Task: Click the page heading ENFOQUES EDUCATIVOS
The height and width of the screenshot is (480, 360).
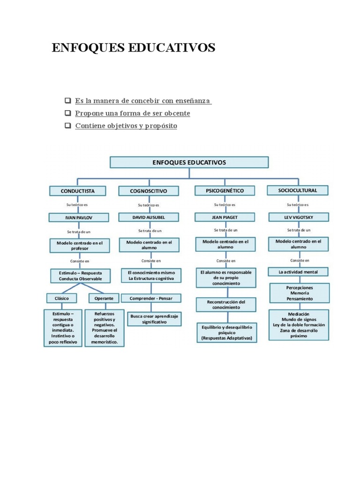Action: coord(134,48)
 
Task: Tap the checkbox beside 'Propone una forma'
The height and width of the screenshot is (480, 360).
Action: coord(68,113)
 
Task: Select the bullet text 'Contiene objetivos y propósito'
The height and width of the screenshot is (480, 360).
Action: coord(126,126)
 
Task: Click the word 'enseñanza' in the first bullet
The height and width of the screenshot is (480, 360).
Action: coord(193,101)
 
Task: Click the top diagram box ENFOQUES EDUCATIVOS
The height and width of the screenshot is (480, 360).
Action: coord(189,163)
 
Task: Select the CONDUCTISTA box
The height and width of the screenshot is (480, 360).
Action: coord(78,191)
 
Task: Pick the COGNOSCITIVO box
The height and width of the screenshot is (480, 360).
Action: coord(149,191)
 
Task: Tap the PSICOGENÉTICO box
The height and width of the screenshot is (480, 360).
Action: coord(225,190)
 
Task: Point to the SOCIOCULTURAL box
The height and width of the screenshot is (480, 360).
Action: coord(298,190)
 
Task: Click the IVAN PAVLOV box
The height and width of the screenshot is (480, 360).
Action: coord(79,217)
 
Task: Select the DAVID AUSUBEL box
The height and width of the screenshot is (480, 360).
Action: coord(149,217)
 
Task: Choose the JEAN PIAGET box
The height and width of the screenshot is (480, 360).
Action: coord(225,217)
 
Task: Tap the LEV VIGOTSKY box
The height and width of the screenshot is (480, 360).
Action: coord(298,217)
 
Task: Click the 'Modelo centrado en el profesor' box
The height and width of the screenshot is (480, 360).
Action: coord(79,246)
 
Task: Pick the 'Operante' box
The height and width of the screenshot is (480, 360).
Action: coord(104,298)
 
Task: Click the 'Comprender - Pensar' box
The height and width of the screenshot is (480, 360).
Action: coord(151,298)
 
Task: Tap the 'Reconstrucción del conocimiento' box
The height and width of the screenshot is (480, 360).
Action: coord(226,305)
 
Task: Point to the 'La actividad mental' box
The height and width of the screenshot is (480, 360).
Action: coord(298,271)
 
